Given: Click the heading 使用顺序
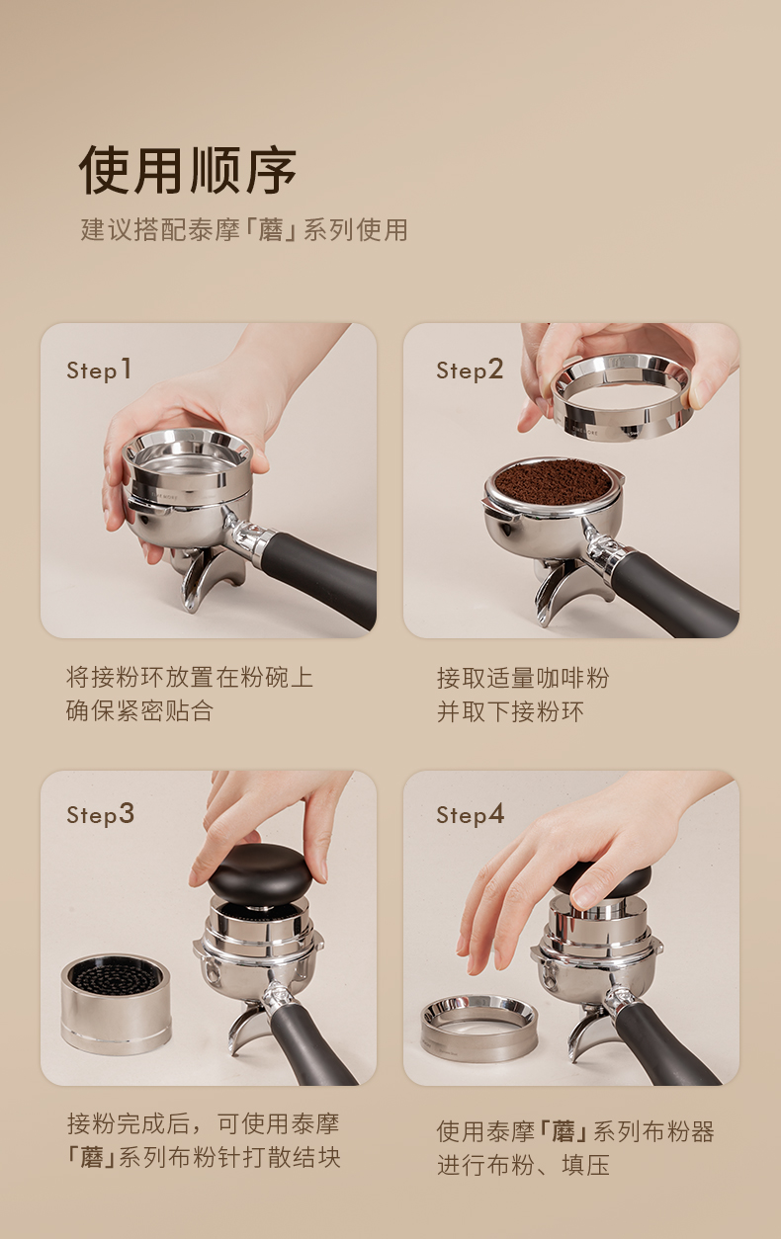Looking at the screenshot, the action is click(x=188, y=170).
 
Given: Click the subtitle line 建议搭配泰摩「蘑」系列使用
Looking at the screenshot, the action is click(x=244, y=230).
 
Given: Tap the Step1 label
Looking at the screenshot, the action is click(x=99, y=370).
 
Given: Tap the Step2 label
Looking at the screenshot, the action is click(x=470, y=370).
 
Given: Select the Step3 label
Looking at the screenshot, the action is click(x=100, y=814).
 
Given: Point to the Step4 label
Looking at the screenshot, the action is click(x=470, y=814).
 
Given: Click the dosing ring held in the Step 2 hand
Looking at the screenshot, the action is click(x=620, y=397).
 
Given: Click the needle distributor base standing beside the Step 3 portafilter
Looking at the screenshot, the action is click(x=116, y=1004).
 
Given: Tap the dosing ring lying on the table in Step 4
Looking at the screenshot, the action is click(x=478, y=1028).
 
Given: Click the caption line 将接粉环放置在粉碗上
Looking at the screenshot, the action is click(x=189, y=678).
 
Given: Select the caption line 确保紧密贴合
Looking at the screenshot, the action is click(x=139, y=710).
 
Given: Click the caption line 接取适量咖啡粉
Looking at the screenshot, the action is click(x=523, y=678).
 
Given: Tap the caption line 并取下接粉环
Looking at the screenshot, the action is click(x=510, y=711).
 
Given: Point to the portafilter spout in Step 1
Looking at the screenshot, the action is click(x=211, y=578).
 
